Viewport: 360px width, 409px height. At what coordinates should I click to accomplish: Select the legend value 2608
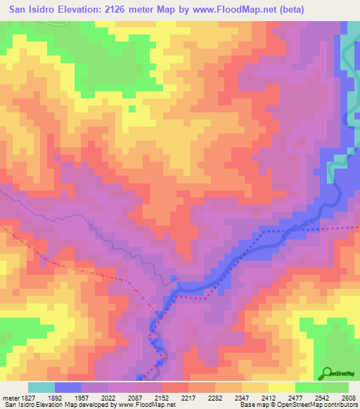pos(348,398)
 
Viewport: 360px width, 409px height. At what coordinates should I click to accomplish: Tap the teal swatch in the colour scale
pos(41,387)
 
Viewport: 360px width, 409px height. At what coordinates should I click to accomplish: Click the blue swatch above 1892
pos(68,387)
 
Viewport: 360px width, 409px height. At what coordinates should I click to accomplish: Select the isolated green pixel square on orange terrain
pos(131,109)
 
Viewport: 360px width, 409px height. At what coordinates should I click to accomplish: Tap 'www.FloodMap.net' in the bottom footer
pos(145,405)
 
